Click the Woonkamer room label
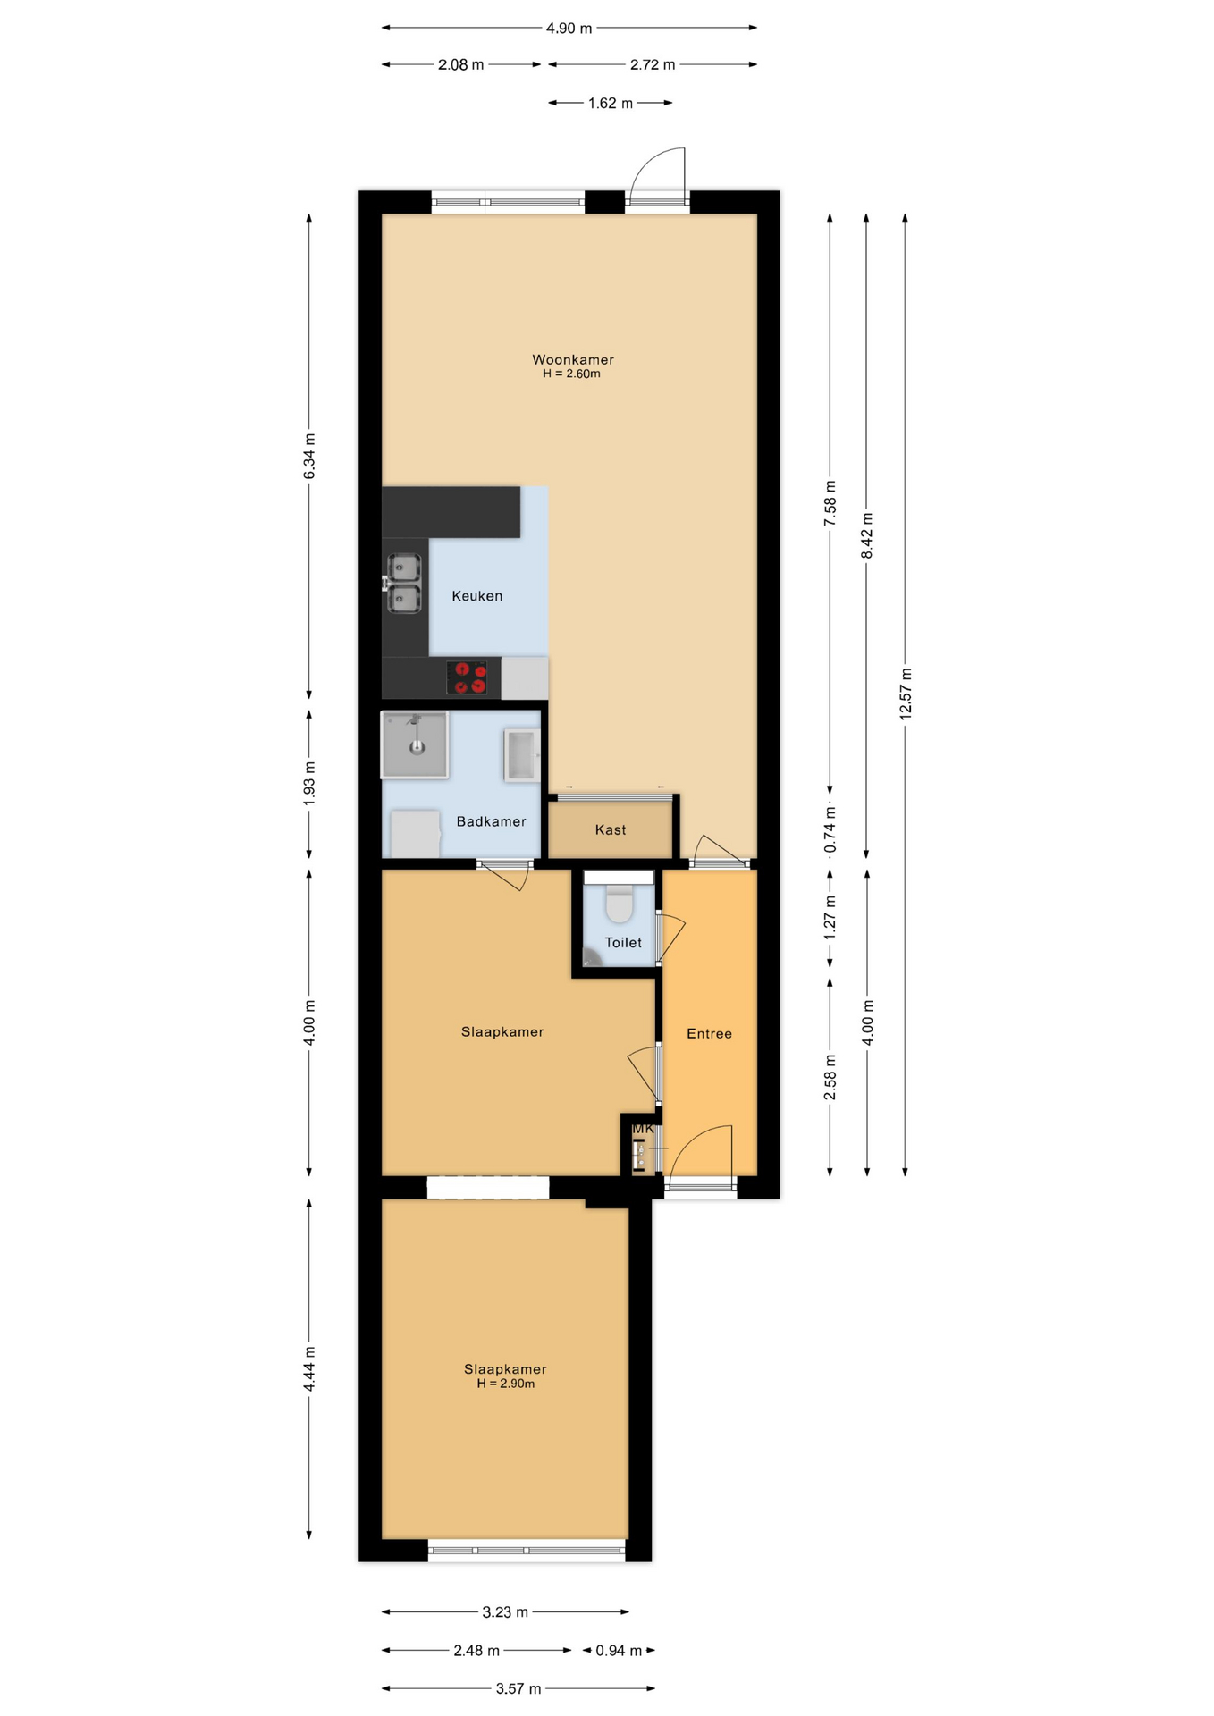[572, 359]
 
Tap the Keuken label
[476, 596]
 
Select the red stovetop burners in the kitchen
[467, 677]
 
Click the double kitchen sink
[404, 584]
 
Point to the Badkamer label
[491, 821]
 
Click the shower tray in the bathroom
[415, 744]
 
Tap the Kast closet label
[611, 829]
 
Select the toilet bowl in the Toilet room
[619, 904]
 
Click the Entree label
[709, 1033]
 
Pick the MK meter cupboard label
[643, 1129]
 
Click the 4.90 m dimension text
[569, 29]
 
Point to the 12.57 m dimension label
[906, 694]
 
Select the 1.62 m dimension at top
[611, 104]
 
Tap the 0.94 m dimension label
[619, 1650]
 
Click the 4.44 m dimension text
[309, 1367]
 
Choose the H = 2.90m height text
[505, 1384]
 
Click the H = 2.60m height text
[571, 374]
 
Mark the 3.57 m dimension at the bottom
[518, 1688]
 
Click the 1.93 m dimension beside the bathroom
[309, 783]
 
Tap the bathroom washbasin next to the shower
[521, 755]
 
